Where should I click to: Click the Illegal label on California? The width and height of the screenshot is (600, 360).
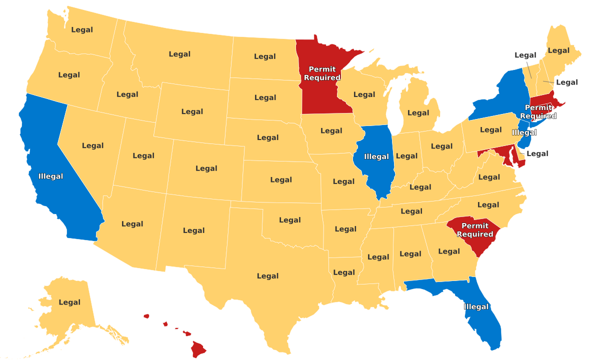(50, 176)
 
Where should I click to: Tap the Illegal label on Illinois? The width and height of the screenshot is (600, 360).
(376, 156)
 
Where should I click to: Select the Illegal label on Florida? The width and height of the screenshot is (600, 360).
(476, 306)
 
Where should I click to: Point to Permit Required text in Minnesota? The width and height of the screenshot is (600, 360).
(322, 73)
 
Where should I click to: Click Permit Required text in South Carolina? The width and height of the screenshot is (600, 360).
(475, 230)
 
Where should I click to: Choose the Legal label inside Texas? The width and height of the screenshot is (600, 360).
(267, 276)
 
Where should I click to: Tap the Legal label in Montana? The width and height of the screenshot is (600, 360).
(179, 54)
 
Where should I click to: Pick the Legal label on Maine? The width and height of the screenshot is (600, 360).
(558, 50)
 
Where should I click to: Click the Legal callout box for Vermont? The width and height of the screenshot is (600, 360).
(525, 55)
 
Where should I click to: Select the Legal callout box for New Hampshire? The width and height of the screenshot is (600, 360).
(566, 82)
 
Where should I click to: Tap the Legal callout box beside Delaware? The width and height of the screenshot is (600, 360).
(537, 153)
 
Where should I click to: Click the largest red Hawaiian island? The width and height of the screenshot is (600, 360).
(198, 348)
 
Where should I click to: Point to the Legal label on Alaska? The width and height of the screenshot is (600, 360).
(69, 302)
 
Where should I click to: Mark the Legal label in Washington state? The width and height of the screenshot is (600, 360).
(82, 29)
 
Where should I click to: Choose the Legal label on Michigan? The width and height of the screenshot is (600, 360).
(418, 113)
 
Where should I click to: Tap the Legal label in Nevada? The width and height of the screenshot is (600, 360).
(92, 145)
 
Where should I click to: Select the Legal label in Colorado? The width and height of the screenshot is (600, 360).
(206, 168)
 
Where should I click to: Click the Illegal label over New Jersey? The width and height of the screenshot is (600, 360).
(524, 132)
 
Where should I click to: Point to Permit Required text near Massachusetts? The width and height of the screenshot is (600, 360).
(538, 112)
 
